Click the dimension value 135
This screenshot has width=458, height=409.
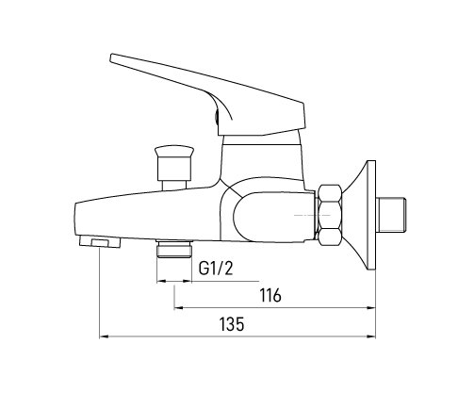232,324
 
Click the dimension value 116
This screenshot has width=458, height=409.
270,295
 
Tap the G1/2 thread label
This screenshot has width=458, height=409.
216,269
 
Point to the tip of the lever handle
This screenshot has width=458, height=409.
111,58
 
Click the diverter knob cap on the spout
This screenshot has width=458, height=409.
173,151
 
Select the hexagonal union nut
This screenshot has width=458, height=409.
330,215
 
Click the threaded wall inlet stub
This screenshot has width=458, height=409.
391,215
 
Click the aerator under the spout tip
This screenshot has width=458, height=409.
100,242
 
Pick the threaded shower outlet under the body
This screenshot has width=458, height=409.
174,249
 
